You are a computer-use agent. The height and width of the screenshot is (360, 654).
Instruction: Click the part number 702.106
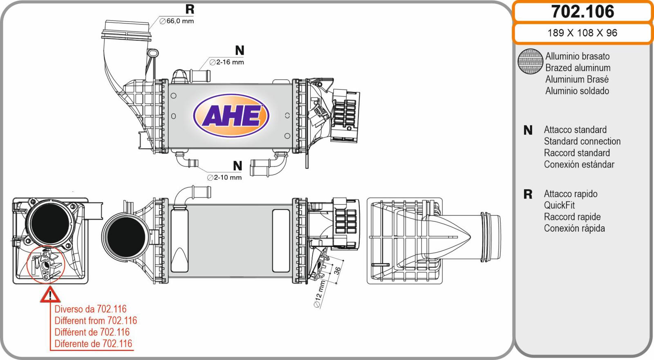pos(582,11)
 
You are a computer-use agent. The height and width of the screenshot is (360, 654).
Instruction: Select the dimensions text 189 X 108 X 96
pos(582,33)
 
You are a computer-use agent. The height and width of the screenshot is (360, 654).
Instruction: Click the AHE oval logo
pos(231,116)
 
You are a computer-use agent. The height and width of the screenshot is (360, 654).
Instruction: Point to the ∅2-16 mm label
pos(226,62)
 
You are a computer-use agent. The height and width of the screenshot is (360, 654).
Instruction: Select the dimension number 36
pos(337,271)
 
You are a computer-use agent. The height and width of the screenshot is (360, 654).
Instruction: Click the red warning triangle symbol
pos(50,295)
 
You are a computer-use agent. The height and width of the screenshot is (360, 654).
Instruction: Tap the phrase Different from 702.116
pos(96,320)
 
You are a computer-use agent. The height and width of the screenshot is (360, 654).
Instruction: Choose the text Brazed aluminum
pos(578,68)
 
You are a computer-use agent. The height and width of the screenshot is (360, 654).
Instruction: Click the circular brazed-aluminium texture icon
pos(530,62)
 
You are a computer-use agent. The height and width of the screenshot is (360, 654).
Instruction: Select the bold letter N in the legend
pos(528,130)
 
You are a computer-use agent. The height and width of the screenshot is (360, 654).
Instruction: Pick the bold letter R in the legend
pos(528,195)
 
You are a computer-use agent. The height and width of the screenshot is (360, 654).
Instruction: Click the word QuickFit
pos(559,205)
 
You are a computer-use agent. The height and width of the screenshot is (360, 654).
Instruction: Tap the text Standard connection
pos(582,141)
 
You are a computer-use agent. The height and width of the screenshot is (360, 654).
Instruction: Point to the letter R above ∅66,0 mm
pos(190,9)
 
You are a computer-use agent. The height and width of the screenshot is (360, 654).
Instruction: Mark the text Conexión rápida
pos(574,228)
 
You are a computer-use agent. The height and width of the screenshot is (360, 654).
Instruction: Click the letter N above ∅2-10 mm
pos(237,166)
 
